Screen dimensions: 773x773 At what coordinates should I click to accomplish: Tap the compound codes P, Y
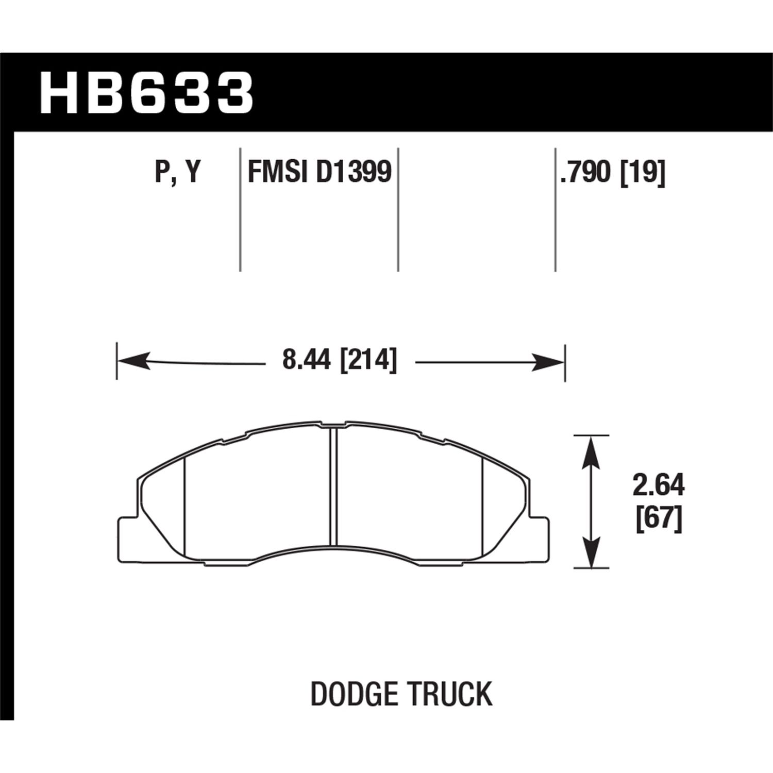point(177,172)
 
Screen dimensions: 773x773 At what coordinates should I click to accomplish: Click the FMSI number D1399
point(354,172)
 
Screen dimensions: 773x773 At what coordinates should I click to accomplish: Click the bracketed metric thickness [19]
point(643,172)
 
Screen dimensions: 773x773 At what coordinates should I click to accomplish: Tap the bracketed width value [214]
point(368,360)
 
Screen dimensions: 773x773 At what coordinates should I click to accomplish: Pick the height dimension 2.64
point(659,485)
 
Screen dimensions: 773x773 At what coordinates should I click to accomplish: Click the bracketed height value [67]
point(659,518)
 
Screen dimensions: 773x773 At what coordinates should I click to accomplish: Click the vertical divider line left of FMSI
point(240,209)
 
